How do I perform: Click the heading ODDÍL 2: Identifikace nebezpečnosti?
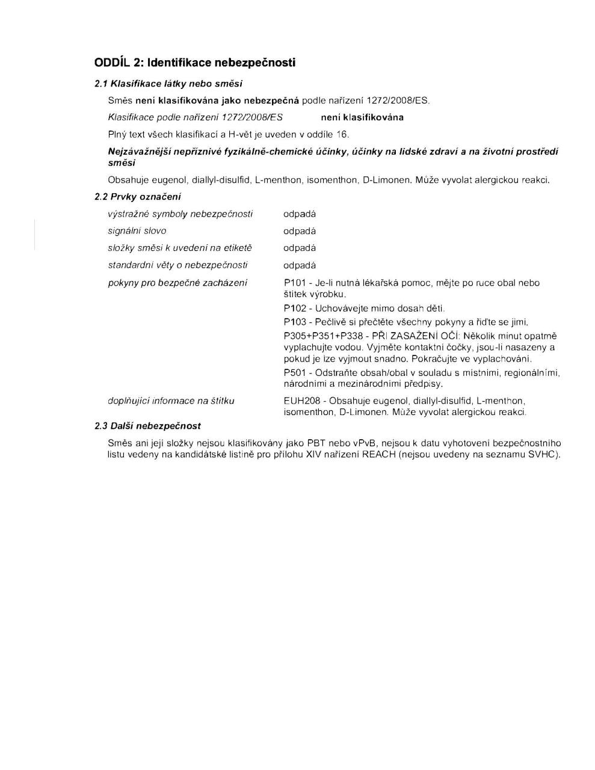pyautogui.click(x=194, y=63)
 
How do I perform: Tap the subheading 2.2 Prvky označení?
pyautogui.click(x=138, y=197)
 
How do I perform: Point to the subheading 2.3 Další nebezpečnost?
pyautogui.click(x=148, y=426)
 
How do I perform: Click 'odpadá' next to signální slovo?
pyautogui.click(x=300, y=231)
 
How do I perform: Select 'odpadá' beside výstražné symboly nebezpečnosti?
pyautogui.click(x=300, y=214)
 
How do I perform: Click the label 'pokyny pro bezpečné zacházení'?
pyautogui.click(x=177, y=283)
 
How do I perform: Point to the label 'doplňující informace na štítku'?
pyautogui.click(x=171, y=401)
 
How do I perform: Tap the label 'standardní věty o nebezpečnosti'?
pyautogui.click(x=177, y=265)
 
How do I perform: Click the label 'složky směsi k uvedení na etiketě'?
pyautogui.click(x=180, y=248)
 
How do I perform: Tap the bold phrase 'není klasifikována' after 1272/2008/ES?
pyautogui.click(x=362, y=117)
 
